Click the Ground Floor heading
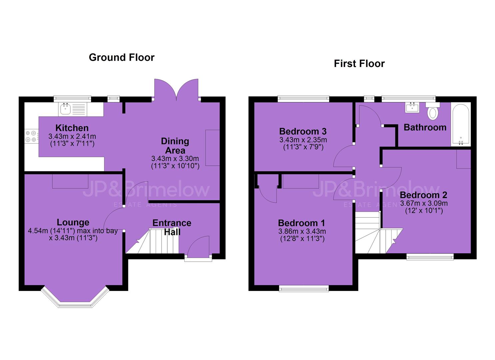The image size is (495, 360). pos(122,57)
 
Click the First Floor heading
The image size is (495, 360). pos(359,64)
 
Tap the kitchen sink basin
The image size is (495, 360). pos(65,109)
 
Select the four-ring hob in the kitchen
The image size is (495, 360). pos(31,136)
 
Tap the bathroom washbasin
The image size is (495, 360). pos(412,108)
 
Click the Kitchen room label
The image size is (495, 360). pos(72,128)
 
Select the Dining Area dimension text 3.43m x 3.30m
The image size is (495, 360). pos(175,158)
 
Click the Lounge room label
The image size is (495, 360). pos(73,222)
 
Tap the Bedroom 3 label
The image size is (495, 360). pos(303,131)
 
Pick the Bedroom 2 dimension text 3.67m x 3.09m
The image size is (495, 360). pos(424,203)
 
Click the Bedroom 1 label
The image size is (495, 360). pos(302,223)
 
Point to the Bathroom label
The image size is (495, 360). pos(425,128)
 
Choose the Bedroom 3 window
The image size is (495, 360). pos(303,99)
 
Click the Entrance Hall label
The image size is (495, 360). pos(172,227)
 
